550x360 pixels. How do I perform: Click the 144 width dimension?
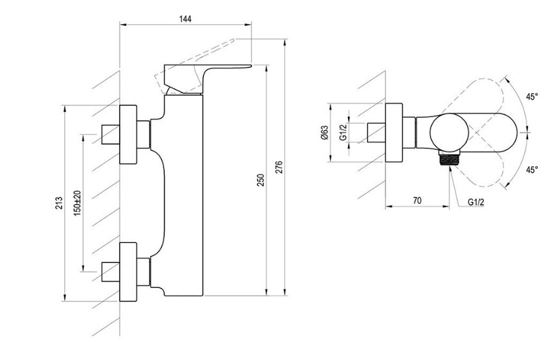[185, 19]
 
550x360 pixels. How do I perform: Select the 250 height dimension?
[261, 180]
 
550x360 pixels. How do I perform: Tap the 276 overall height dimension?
[279, 168]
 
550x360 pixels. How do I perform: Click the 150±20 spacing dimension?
[77, 202]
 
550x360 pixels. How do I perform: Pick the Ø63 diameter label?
[324, 133]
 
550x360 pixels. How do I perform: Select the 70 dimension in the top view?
[417, 201]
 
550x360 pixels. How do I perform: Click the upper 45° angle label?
[531, 97]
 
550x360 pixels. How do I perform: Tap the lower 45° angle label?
[531, 170]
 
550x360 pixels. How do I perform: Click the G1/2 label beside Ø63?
[343, 132]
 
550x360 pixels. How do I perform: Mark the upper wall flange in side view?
[129, 134]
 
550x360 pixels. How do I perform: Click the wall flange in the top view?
[394, 133]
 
